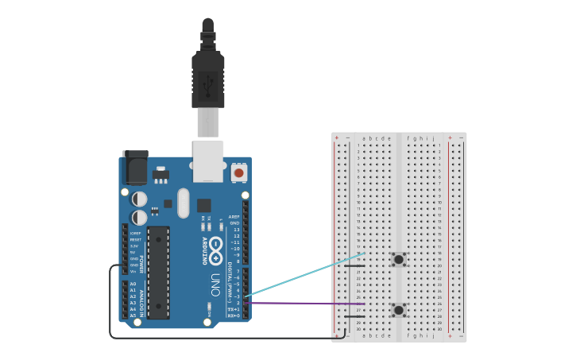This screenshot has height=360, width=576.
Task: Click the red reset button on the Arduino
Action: point(238,172)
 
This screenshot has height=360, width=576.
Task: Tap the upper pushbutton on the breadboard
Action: point(398,259)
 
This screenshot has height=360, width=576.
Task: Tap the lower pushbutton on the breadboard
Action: point(398,310)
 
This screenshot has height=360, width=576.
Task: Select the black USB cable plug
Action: point(207,79)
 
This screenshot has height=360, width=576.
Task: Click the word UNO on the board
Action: point(216,283)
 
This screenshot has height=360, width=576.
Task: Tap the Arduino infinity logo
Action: point(216,246)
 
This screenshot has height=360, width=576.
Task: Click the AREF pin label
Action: point(234,217)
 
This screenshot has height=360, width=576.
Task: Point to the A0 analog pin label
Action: point(133,284)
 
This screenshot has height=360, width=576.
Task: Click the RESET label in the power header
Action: point(135,239)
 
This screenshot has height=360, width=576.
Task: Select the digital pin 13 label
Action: point(236,230)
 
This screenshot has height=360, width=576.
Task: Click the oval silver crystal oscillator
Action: point(184,203)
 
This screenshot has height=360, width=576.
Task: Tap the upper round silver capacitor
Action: point(139,199)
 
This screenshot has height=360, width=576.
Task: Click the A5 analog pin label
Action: point(133,315)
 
